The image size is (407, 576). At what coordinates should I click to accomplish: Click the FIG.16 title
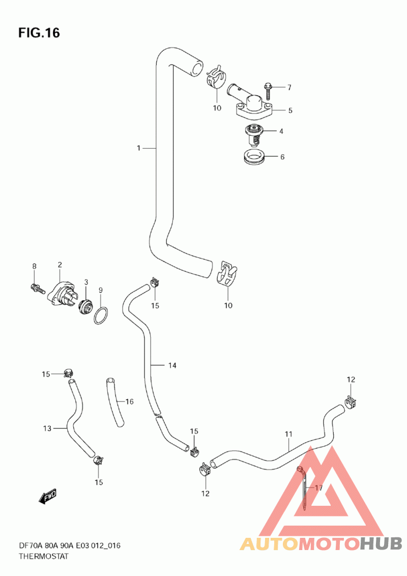pos(39,33)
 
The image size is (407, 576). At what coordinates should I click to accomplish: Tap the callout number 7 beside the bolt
pos(289,88)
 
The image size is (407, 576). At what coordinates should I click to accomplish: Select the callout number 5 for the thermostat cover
pos(290,110)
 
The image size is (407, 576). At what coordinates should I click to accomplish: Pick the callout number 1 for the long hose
pos(138,148)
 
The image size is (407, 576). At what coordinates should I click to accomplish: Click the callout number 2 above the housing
pos(60,265)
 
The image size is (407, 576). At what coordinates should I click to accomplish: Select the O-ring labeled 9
pos(101,315)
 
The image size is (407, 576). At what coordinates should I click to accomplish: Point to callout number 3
pos(86,282)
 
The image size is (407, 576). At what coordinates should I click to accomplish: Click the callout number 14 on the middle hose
pos(172,365)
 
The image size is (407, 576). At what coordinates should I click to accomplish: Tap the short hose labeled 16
pos(115,402)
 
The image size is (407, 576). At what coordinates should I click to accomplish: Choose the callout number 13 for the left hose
pos(47,428)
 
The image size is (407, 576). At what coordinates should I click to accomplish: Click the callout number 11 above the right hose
pos(288,434)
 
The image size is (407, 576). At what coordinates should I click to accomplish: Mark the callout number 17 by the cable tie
pos(319,488)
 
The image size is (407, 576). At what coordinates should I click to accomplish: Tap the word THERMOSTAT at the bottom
pos(44,556)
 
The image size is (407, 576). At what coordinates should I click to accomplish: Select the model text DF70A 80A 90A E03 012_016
pos(69,546)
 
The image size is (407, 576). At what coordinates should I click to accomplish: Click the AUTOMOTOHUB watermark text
pos(321,543)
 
